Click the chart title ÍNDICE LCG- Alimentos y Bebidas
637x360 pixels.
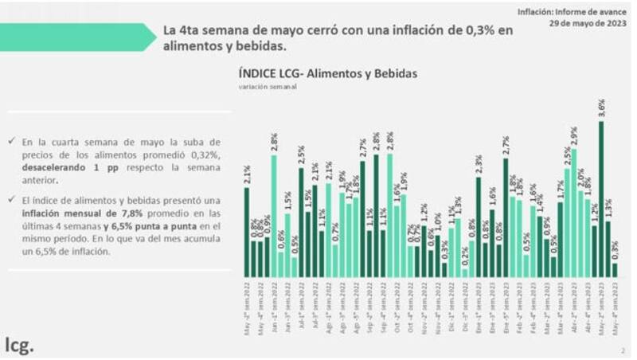tap(327, 73)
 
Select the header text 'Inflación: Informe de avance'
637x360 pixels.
tap(573, 11)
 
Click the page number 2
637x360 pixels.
tap(623, 349)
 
